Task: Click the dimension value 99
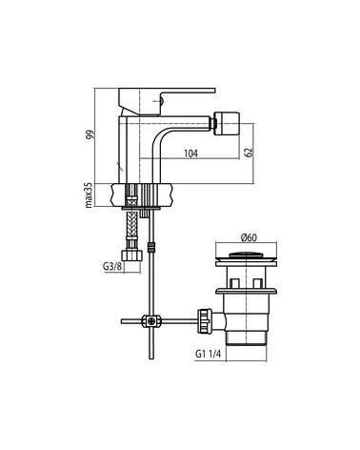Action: (90, 135)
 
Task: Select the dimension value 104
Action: (190, 153)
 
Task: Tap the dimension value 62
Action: (250, 152)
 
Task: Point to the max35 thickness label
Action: (90, 195)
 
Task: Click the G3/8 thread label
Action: (112, 266)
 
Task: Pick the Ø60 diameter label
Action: (249, 237)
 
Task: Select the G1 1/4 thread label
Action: (208, 354)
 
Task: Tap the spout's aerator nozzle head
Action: (226, 123)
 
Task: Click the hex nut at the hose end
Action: (131, 256)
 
